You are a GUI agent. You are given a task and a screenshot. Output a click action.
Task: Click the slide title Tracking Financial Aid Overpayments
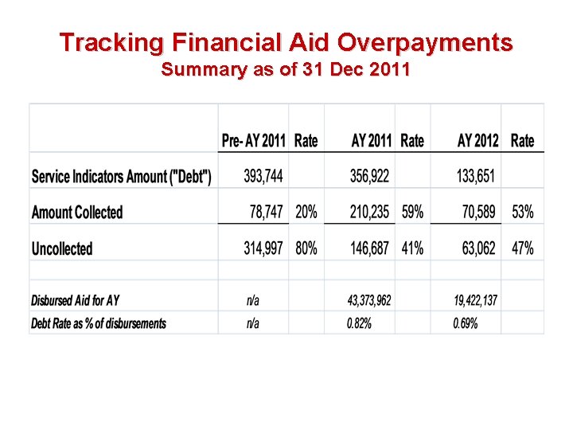pyautogui.click(x=286, y=41)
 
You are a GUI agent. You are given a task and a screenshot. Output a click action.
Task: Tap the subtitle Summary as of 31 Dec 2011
pyautogui.click(x=286, y=69)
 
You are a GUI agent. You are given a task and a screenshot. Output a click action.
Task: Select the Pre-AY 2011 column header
pyautogui.click(x=253, y=141)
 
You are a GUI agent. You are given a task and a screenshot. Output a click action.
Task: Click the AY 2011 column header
pyautogui.click(x=372, y=141)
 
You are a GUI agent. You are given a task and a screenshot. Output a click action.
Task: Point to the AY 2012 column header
pyautogui.click(x=477, y=141)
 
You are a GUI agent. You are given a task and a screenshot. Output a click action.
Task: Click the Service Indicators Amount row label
pyautogui.click(x=122, y=176)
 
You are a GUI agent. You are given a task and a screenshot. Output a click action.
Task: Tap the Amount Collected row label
pyautogui.click(x=77, y=213)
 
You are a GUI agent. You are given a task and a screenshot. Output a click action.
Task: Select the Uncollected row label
pyautogui.click(x=62, y=248)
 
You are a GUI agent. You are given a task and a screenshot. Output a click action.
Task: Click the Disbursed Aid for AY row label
pyautogui.click(x=75, y=300)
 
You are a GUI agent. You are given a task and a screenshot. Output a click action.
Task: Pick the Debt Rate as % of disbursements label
pyautogui.click(x=99, y=323)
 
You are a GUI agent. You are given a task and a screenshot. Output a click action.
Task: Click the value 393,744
pyautogui.click(x=263, y=176)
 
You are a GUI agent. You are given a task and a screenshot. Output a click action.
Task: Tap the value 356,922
pyautogui.click(x=370, y=176)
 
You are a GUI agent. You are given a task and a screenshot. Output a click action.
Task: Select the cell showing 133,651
pyautogui.click(x=477, y=176)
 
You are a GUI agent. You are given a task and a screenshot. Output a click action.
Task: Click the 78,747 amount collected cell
pyautogui.click(x=267, y=213)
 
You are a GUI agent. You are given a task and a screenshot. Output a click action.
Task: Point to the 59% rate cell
pyautogui.click(x=412, y=213)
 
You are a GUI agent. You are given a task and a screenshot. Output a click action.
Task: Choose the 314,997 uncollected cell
pyautogui.click(x=263, y=248)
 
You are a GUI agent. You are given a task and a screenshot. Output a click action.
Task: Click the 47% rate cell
pyautogui.click(x=522, y=248)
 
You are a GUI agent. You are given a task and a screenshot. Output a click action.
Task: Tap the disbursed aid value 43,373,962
pyautogui.click(x=369, y=300)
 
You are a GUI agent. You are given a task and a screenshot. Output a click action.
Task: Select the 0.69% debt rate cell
pyautogui.click(x=466, y=323)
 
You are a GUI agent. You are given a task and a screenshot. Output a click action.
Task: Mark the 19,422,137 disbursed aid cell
pyautogui.click(x=476, y=300)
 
